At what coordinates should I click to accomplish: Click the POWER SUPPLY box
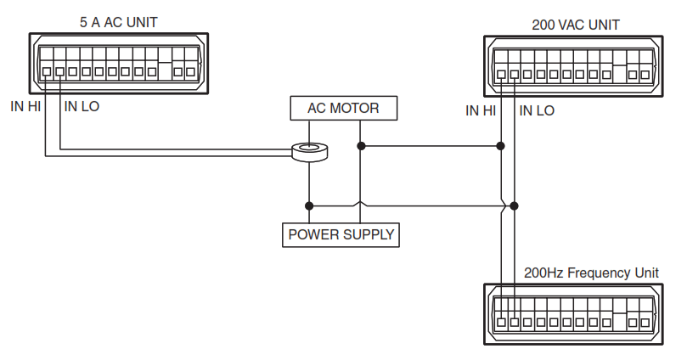tap(341, 234)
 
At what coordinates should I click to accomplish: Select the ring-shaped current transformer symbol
tap(309, 152)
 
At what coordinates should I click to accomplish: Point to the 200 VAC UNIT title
tap(576, 24)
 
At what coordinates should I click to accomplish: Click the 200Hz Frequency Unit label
tap(592, 273)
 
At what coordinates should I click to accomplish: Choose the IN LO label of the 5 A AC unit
tap(82, 107)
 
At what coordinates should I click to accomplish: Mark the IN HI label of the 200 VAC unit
tap(481, 110)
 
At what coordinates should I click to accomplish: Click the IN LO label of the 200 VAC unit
tap(537, 110)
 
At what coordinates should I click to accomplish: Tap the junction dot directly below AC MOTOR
tap(361, 146)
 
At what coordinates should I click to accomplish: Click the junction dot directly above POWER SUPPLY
tap(309, 205)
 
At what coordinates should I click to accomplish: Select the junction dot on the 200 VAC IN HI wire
tap(501, 146)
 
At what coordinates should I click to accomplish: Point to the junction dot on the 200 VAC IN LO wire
tap(515, 205)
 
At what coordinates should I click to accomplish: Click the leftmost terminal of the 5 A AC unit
tap(47, 72)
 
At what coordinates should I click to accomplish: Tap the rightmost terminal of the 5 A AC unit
tap(190, 72)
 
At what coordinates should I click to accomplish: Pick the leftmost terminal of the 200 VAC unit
tap(501, 75)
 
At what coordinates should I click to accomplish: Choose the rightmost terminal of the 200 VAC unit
tap(645, 75)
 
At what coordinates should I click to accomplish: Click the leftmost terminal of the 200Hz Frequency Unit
tap(501, 323)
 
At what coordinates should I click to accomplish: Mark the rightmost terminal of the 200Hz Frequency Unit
tap(645, 323)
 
